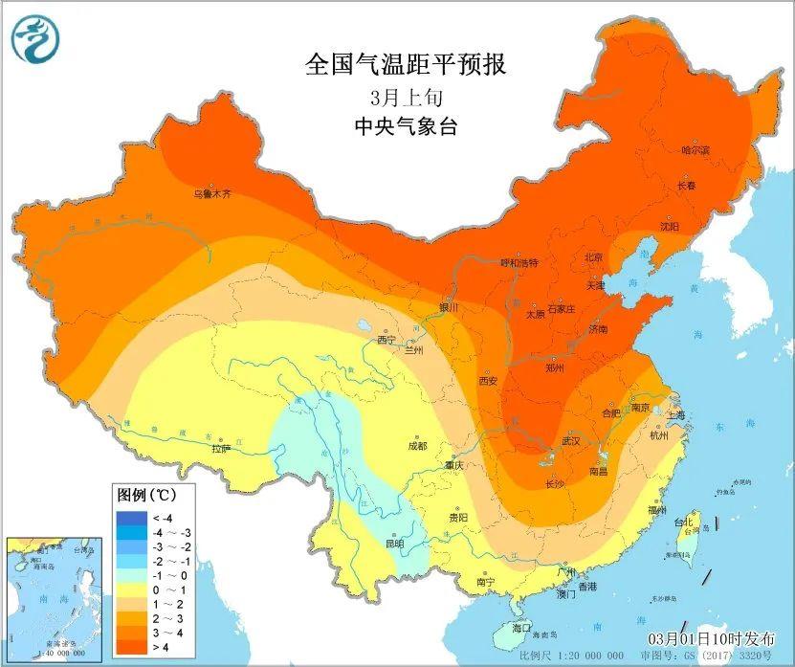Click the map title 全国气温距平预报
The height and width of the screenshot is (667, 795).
point(405,65)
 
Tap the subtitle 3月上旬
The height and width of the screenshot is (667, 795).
point(405,97)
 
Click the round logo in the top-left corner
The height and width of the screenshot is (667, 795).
point(35,39)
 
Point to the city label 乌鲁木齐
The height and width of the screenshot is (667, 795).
point(212,193)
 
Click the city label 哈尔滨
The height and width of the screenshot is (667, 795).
point(696,150)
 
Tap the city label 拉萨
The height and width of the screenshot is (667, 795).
point(221,447)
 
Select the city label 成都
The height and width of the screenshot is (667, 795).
point(416,445)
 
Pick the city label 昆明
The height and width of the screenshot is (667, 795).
point(394,543)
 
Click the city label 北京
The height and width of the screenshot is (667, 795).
point(593,257)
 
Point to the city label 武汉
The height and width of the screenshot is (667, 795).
point(572,441)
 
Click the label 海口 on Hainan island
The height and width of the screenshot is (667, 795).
point(521,628)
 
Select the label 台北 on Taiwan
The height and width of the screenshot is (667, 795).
point(683,523)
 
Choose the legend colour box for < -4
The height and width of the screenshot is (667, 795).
point(131,518)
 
